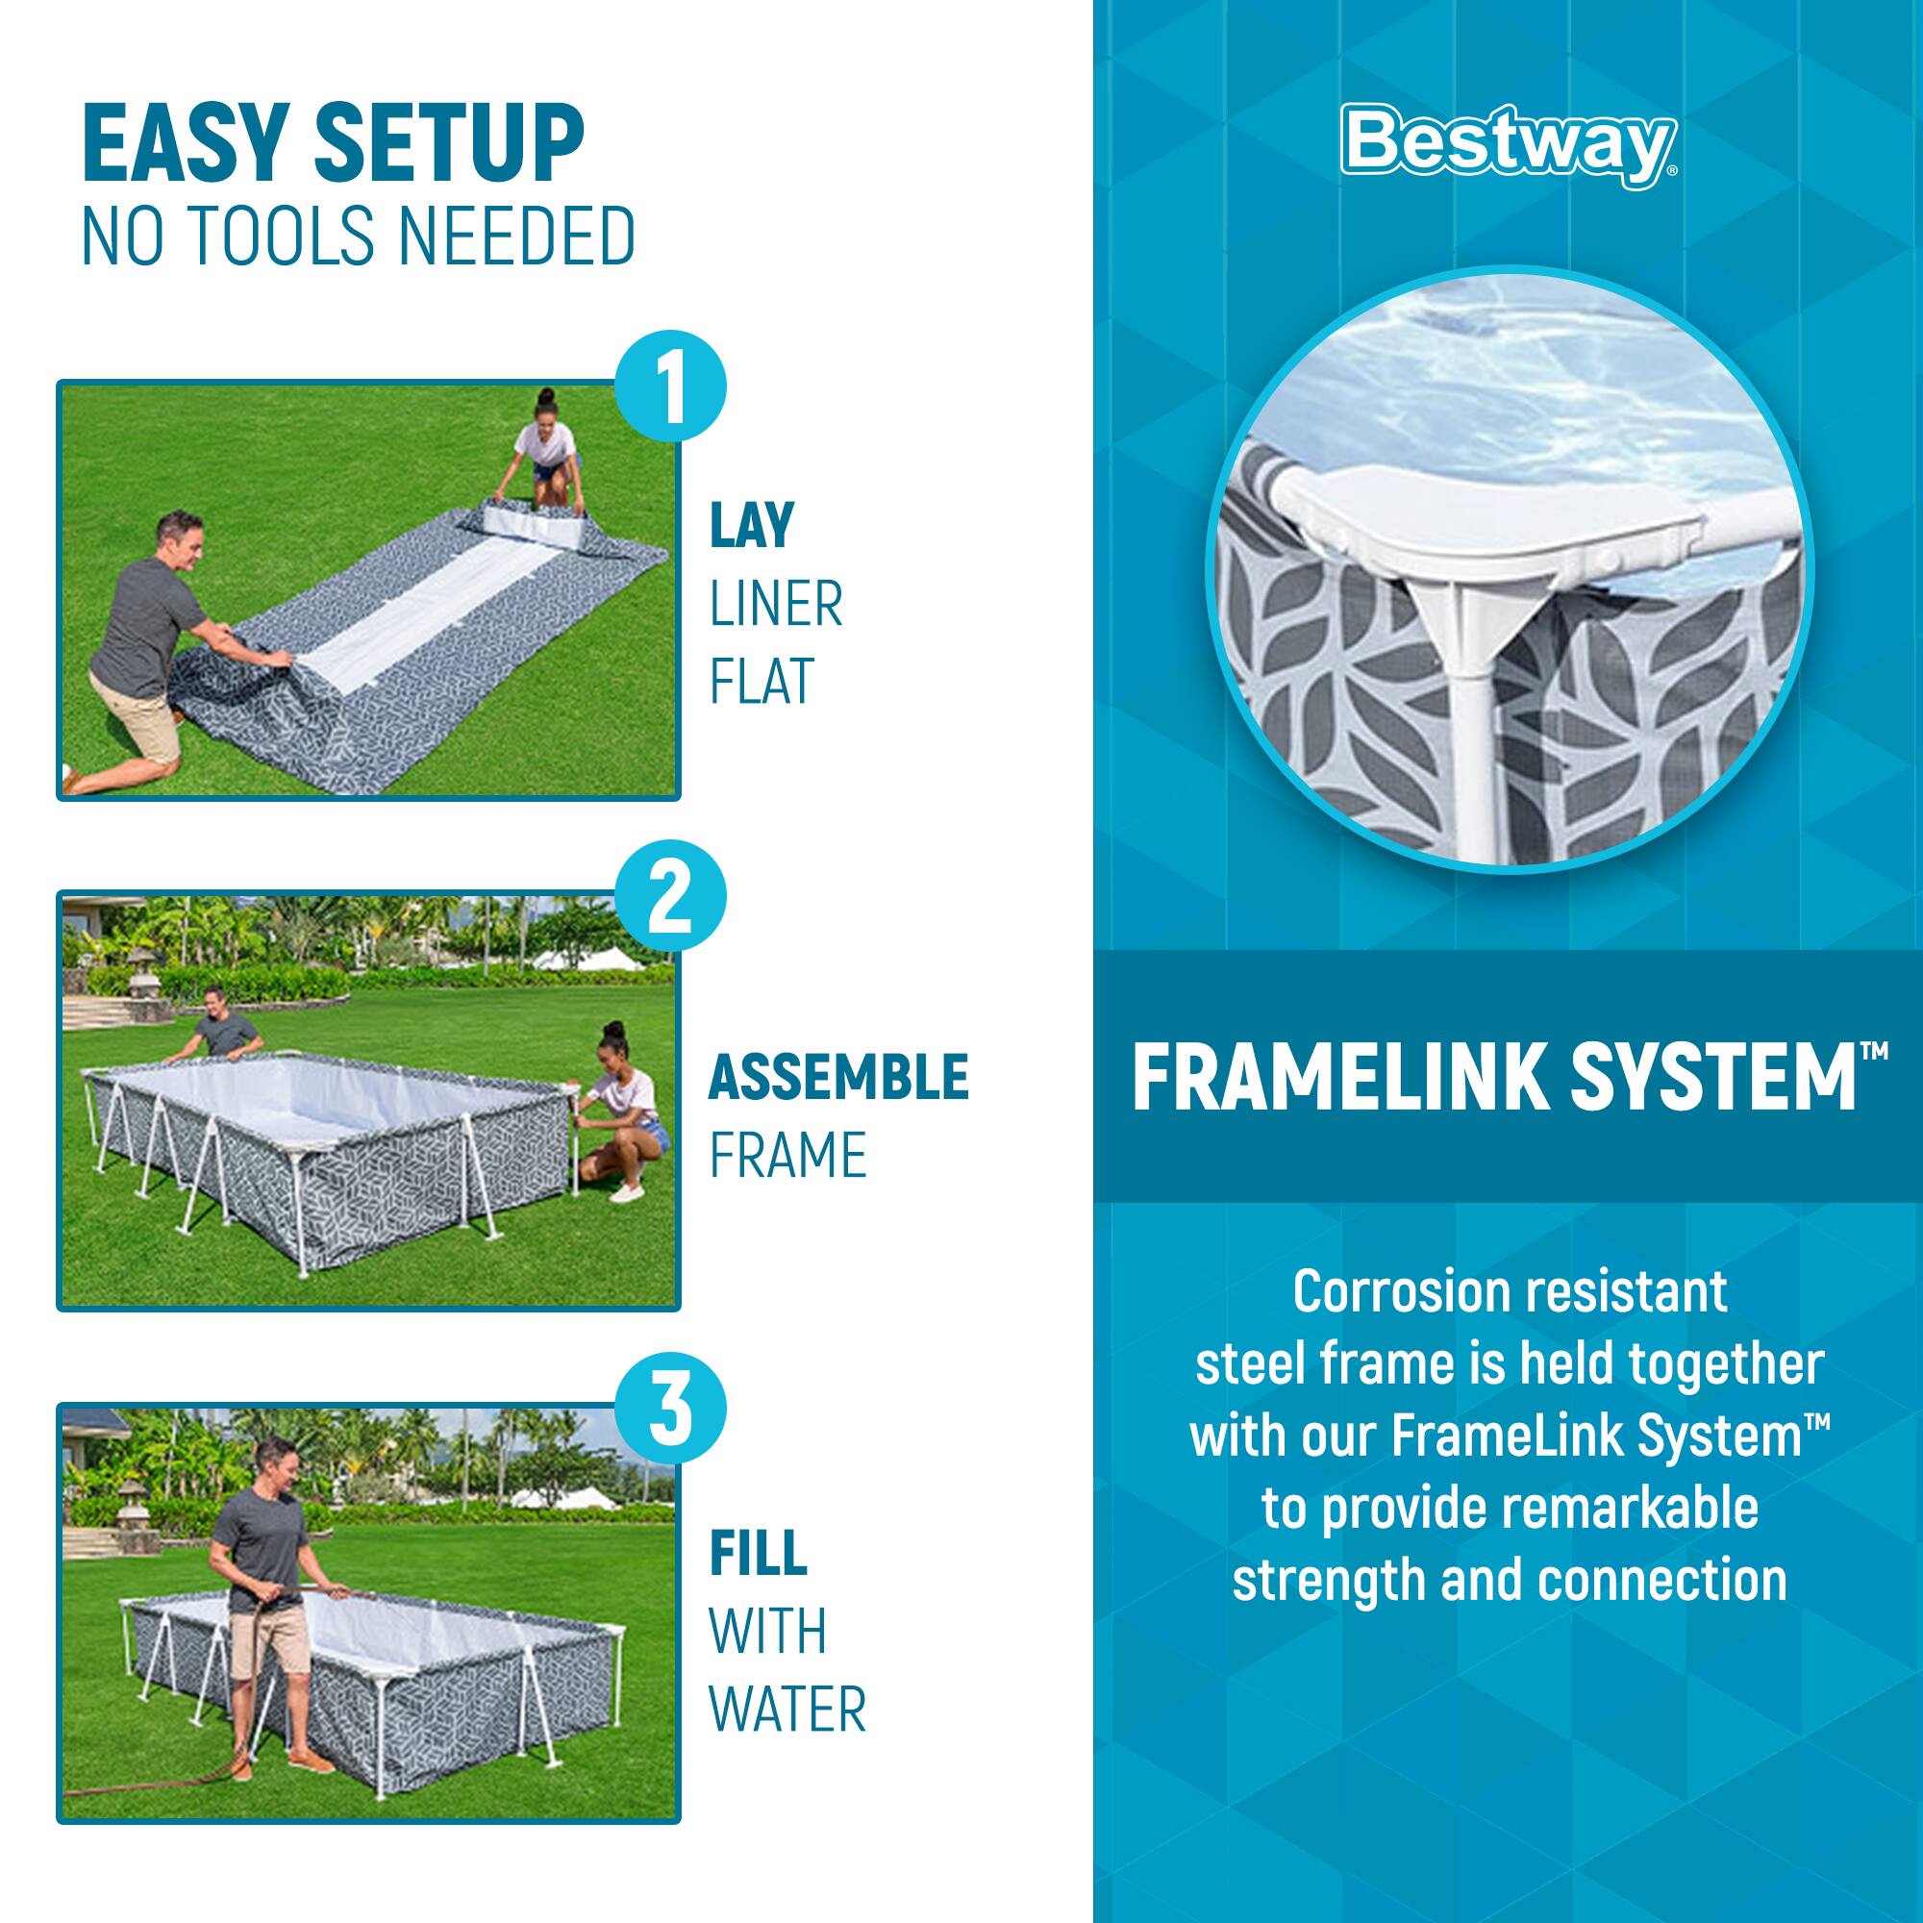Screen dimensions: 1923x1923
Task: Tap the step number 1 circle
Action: (671, 386)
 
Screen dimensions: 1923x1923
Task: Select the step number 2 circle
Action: (671, 896)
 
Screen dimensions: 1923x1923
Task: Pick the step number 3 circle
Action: (671, 1410)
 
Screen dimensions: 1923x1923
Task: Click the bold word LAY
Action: (752, 525)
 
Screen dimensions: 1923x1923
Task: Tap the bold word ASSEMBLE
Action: (838, 1077)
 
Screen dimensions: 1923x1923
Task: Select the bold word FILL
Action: (758, 1553)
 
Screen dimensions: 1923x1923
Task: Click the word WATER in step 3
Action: (787, 1709)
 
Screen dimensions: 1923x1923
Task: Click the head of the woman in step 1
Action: (546, 405)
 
